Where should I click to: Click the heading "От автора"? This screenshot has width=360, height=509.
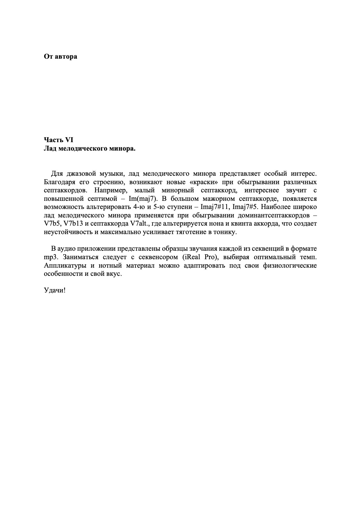point(61,57)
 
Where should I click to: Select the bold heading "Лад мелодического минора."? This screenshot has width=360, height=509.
point(90,148)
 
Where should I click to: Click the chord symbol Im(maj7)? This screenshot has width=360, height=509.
point(141,199)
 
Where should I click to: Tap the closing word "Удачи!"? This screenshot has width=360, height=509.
point(55,290)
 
